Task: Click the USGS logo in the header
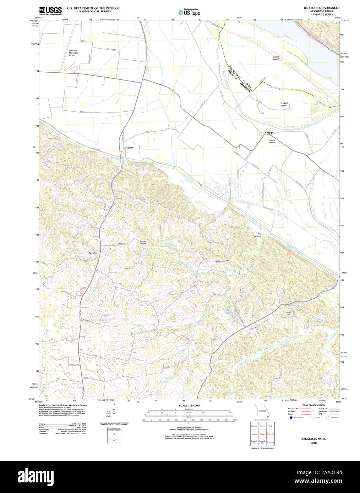click(50, 10)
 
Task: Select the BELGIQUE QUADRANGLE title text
click(321, 8)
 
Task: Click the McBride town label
click(129, 147)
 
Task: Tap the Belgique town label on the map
click(269, 133)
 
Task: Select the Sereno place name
click(93, 253)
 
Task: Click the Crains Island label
click(276, 58)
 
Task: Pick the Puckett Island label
click(283, 104)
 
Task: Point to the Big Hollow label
click(257, 234)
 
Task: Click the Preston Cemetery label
click(143, 242)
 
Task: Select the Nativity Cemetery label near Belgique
click(272, 141)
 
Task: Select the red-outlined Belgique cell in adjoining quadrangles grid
click(262, 433)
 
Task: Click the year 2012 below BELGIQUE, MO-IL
click(313, 443)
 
